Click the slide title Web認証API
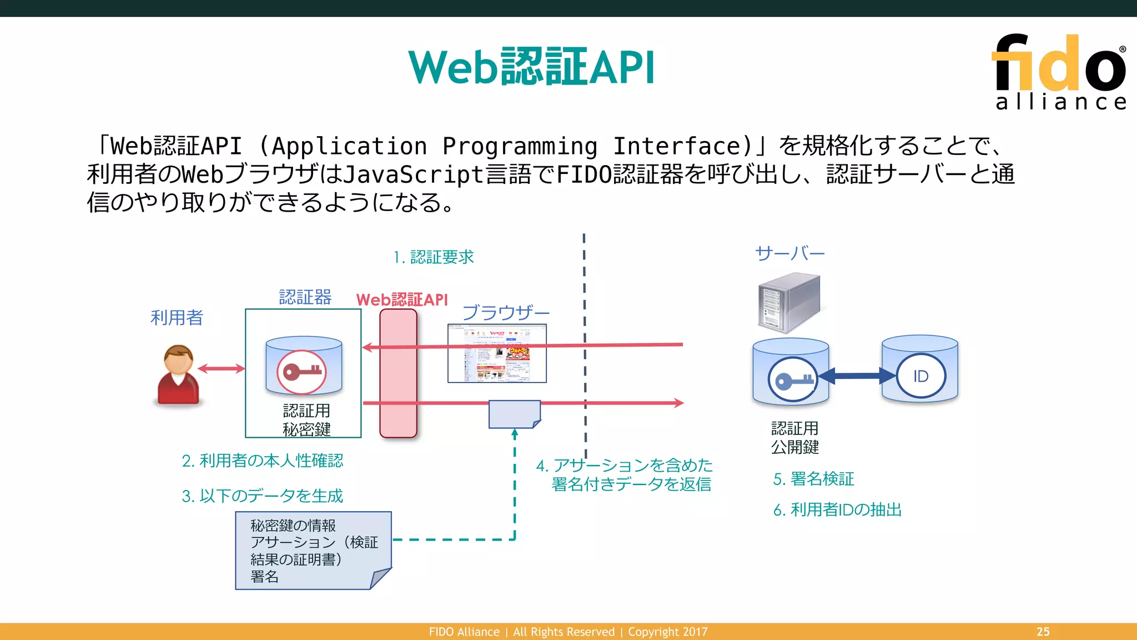pos(531,67)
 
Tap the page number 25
pos(1043,632)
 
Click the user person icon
pos(178,374)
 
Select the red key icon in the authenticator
pos(302,371)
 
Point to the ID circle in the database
pos(920,377)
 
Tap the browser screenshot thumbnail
pos(497,354)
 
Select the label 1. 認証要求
pos(434,257)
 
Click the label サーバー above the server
pos(789,254)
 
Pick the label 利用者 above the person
pos(177,318)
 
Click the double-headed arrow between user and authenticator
pos(221,368)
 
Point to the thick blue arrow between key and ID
pos(857,376)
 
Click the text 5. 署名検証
pos(813,479)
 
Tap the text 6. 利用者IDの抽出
pos(837,509)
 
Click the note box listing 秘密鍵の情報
pos(313,550)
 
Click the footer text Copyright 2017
pos(668,632)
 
